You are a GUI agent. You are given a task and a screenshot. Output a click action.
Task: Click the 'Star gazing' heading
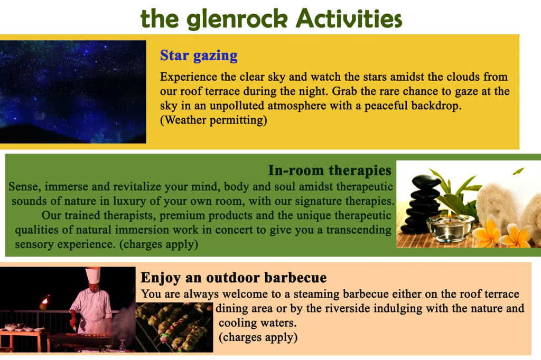(199, 55)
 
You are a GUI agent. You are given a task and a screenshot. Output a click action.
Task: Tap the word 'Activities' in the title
(349, 18)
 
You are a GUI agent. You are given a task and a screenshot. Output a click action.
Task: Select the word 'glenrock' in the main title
(239, 19)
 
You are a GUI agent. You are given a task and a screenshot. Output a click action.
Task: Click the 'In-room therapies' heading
(330, 170)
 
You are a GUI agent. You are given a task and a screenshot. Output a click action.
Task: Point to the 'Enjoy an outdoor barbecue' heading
(234, 278)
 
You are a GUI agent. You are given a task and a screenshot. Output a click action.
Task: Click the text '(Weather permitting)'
(213, 120)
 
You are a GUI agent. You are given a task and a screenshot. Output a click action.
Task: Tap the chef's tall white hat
(93, 275)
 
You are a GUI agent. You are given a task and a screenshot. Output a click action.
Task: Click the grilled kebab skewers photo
(174, 327)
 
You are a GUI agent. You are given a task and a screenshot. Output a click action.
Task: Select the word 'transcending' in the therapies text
(359, 230)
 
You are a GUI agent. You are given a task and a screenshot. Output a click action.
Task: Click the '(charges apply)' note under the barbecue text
(258, 337)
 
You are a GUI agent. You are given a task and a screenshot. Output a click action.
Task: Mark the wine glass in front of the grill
(122, 346)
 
